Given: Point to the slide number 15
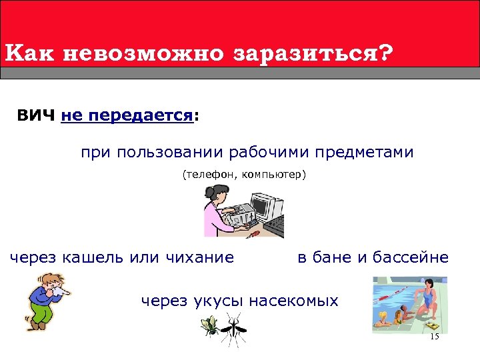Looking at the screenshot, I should pos(435,337).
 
